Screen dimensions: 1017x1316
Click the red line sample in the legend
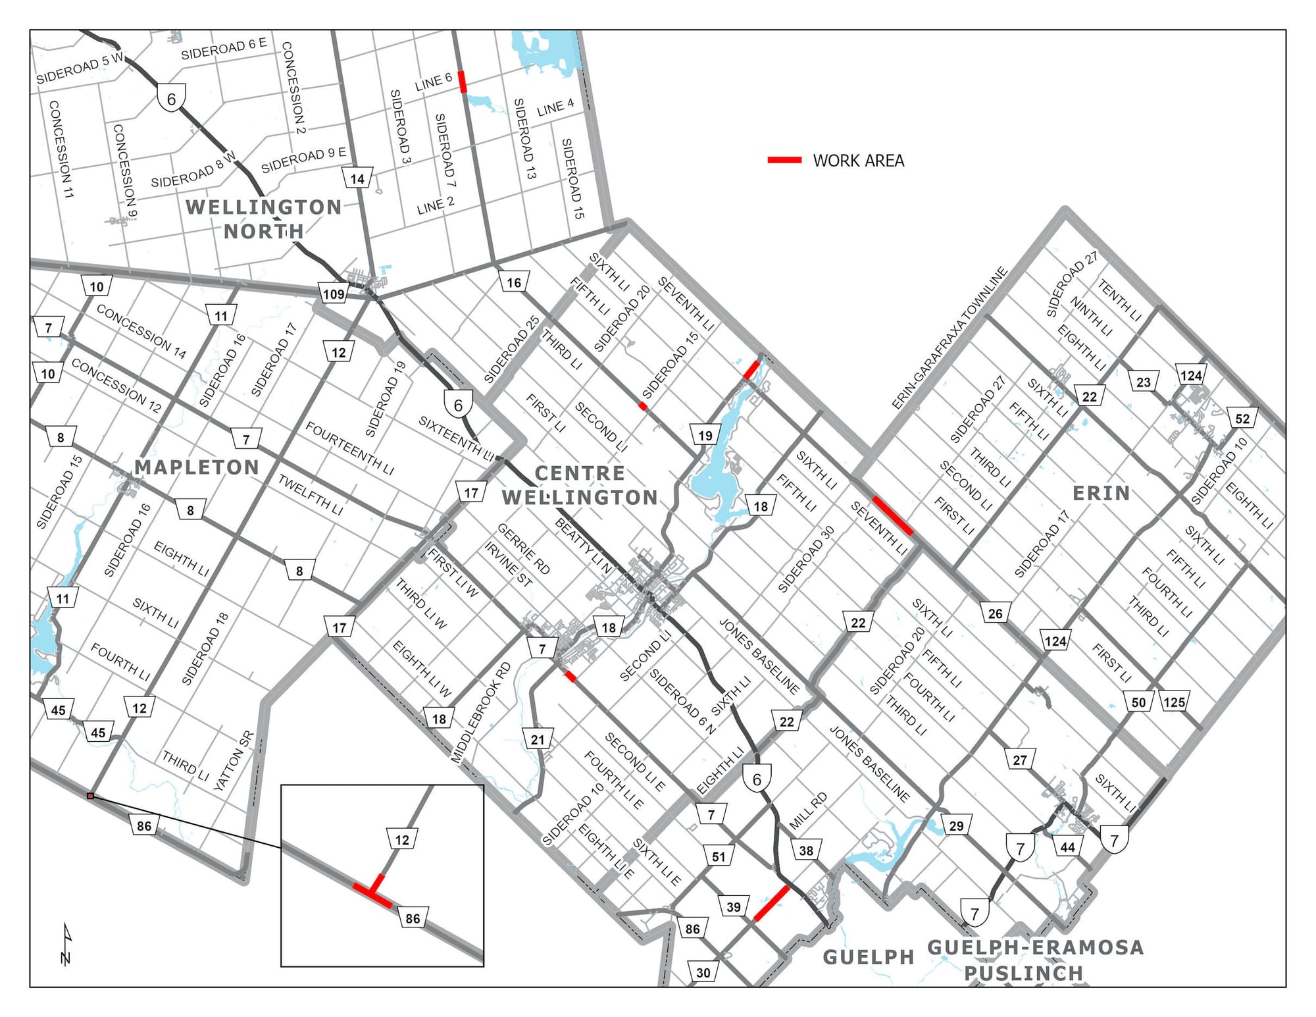pyautogui.click(x=784, y=160)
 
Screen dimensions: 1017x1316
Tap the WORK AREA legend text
pyautogui.click(x=858, y=161)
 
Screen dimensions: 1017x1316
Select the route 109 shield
pyautogui.click(x=334, y=294)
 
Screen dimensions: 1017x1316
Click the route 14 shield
pyautogui.click(x=357, y=178)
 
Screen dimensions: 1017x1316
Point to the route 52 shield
pyautogui.click(x=1242, y=419)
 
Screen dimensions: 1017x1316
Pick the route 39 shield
pyautogui.click(x=734, y=906)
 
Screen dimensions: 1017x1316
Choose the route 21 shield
pyautogui.click(x=538, y=739)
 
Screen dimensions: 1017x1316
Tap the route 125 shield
pyautogui.click(x=1174, y=702)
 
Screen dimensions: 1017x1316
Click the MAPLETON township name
pyautogui.click(x=197, y=467)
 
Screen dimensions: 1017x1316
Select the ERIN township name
pyautogui.click(x=1101, y=493)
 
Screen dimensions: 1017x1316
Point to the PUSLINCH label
pyautogui.click(x=1023, y=973)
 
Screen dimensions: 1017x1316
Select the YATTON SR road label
pyautogui.click(x=234, y=761)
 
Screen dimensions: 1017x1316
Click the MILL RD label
pyautogui.click(x=808, y=812)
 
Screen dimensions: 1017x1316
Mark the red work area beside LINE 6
pyautogui.click(x=462, y=82)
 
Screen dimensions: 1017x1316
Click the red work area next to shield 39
pyautogui.click(x=771, y=903)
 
